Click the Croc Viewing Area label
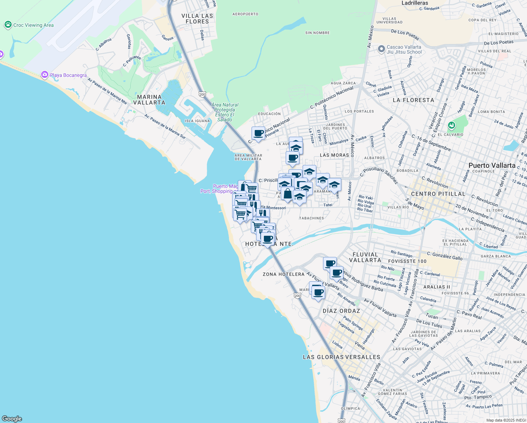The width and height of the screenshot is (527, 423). click(33, 25)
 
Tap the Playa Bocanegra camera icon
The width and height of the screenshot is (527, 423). click(45, 75)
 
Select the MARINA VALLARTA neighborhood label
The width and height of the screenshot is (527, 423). click(149, 100)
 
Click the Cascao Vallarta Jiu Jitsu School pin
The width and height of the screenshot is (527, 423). click(381, 49)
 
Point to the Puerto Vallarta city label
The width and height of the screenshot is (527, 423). click(492, 165)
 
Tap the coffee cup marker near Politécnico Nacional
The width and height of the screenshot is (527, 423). click(258, 134)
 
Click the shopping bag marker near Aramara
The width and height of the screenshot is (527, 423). click(287, 194)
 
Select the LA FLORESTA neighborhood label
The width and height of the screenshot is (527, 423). click(413, 100)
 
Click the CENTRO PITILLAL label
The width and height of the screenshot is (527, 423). click(438, 194)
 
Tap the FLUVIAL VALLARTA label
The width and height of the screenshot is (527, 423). click(365, 257)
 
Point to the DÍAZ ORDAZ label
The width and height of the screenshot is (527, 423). click(341, 311)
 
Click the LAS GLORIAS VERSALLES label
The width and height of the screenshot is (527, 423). click(341, 357)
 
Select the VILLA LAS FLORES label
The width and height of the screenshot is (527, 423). click(197, 19)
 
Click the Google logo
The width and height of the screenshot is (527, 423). click(12, 419)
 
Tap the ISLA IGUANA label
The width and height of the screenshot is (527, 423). click(197, 121)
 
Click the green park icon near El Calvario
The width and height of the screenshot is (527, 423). click(451, 125)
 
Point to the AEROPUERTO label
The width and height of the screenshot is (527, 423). click(245, 14)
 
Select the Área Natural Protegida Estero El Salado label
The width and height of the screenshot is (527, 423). click(224, 112)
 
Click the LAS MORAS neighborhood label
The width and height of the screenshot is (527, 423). click(334, 155)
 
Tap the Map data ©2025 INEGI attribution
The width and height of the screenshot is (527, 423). click(506, 420)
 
